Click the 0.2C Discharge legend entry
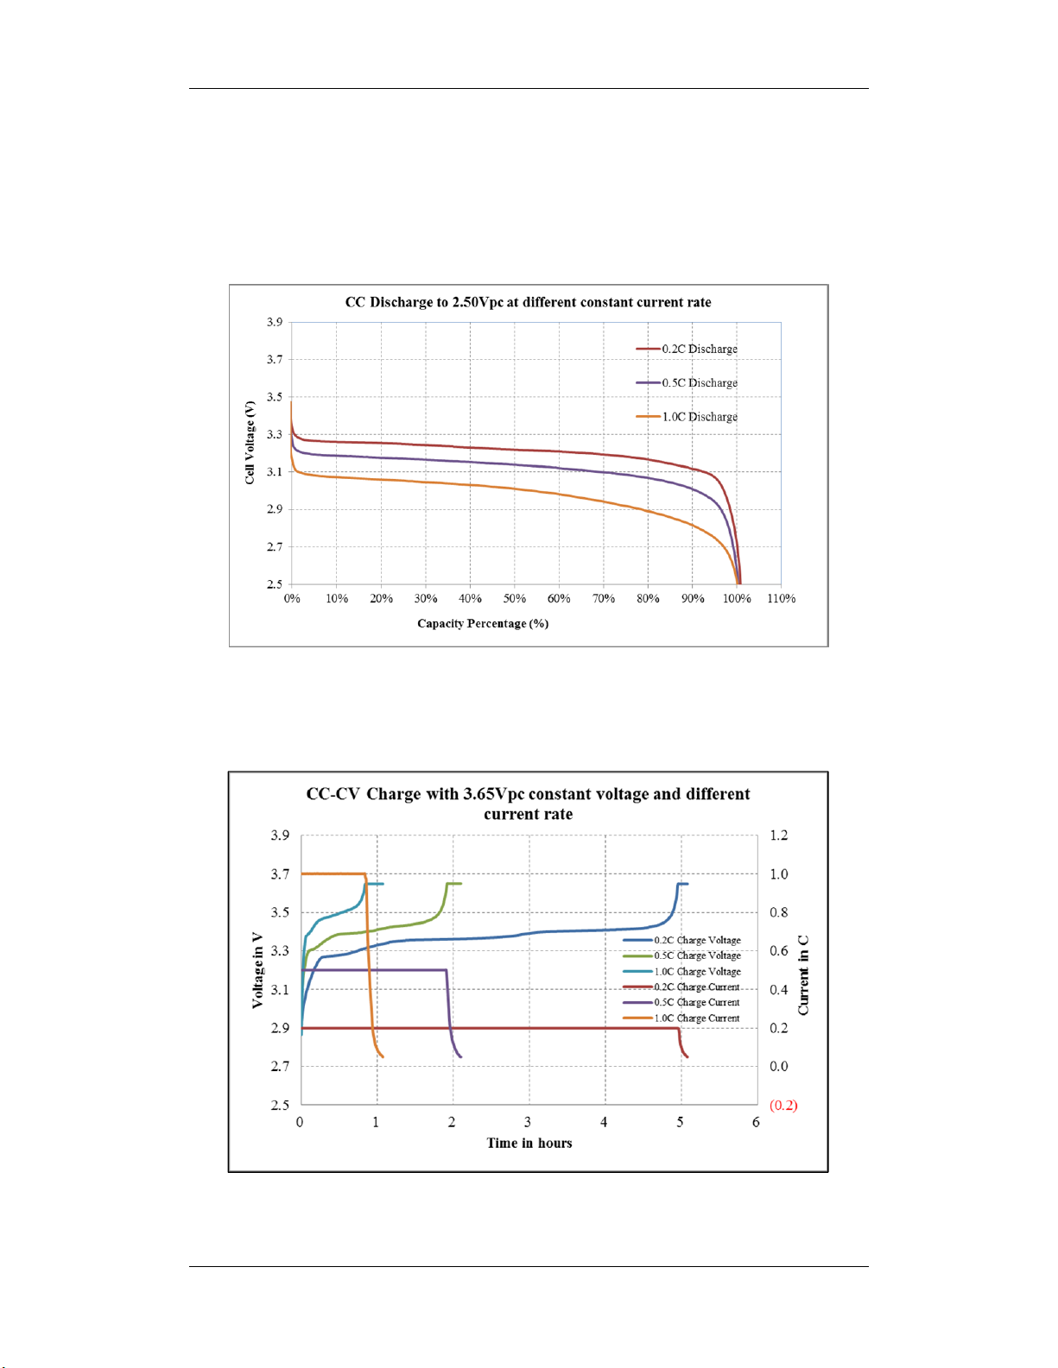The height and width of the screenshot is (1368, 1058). pos(687,349)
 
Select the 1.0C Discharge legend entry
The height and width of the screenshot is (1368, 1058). pos(687,417)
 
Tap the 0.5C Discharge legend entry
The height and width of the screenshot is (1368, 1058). pos(687,382)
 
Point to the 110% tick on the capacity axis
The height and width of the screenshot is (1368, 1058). pos(781,599)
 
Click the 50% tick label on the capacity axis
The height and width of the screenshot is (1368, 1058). pos(515,599)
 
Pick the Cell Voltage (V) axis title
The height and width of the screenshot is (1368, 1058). pos(250,443)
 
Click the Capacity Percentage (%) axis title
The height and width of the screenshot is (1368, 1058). pos(483,624)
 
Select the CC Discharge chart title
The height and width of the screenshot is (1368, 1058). pos(528,302)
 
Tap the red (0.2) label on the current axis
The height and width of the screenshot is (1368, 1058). pos(783,1106)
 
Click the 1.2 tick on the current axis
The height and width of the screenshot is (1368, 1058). pos(779,835)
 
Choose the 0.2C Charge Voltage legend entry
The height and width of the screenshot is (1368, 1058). pos(682,940)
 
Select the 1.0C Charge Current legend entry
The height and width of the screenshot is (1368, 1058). pos(681,1018)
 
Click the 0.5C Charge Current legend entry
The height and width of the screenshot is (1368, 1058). pos(681,1002)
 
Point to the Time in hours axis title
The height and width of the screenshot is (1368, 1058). pos(529,1144)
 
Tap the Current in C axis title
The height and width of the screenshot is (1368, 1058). pos(803,974)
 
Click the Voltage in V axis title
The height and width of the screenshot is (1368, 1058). pos(257,970)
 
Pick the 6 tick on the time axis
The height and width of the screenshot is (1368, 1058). pos(756,1122)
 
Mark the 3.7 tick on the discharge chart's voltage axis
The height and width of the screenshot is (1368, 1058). pos(274,359)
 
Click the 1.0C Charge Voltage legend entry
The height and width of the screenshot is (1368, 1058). pos(682,971)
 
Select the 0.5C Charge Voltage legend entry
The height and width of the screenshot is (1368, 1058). pos(682,955)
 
